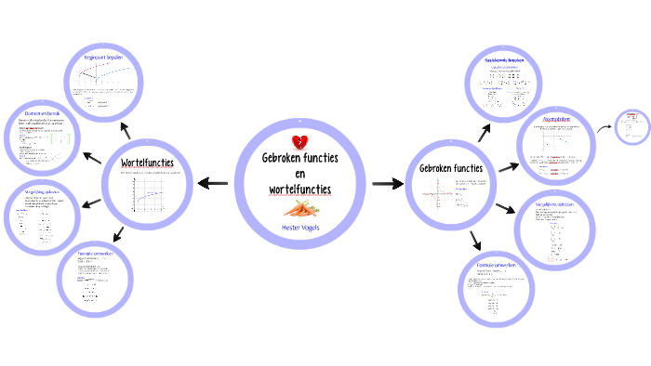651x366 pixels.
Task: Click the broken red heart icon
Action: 299,142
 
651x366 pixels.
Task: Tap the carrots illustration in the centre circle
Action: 299,208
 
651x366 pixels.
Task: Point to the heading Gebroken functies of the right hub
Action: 451,168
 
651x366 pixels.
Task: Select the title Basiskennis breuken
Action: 504,59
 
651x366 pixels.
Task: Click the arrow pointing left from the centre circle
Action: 212,183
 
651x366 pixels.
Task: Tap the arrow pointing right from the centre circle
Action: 386,184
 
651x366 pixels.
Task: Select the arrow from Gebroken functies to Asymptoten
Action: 508,167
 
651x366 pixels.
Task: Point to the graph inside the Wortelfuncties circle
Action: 147,196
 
